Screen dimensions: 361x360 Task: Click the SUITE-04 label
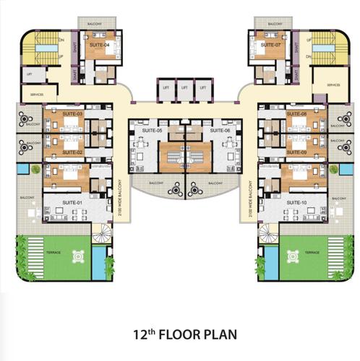click(100, 45)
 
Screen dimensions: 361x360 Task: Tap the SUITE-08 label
click(296, 114)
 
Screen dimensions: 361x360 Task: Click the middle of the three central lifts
click(184, 88)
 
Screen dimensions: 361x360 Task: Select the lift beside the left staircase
click(30, 74)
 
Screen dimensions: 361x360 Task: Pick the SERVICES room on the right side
click(333, 85)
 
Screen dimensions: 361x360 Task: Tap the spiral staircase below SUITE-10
click(269, 232)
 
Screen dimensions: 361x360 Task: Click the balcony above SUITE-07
click(274, 24)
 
